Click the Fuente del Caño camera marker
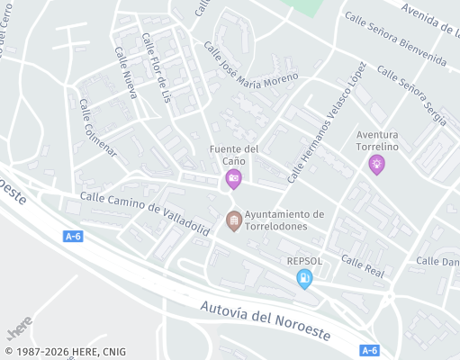(234, 178)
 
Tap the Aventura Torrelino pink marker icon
(376, 164)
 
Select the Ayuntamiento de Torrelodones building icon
(234, 220)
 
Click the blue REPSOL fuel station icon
(305, 280)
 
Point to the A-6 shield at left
(74, 236)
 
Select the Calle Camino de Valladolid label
(144, 212)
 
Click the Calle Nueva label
(125, 72)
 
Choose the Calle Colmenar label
(97, 127)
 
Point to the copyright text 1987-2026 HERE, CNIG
(65, 352)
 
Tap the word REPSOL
(305, 261)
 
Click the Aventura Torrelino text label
(377, 139)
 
